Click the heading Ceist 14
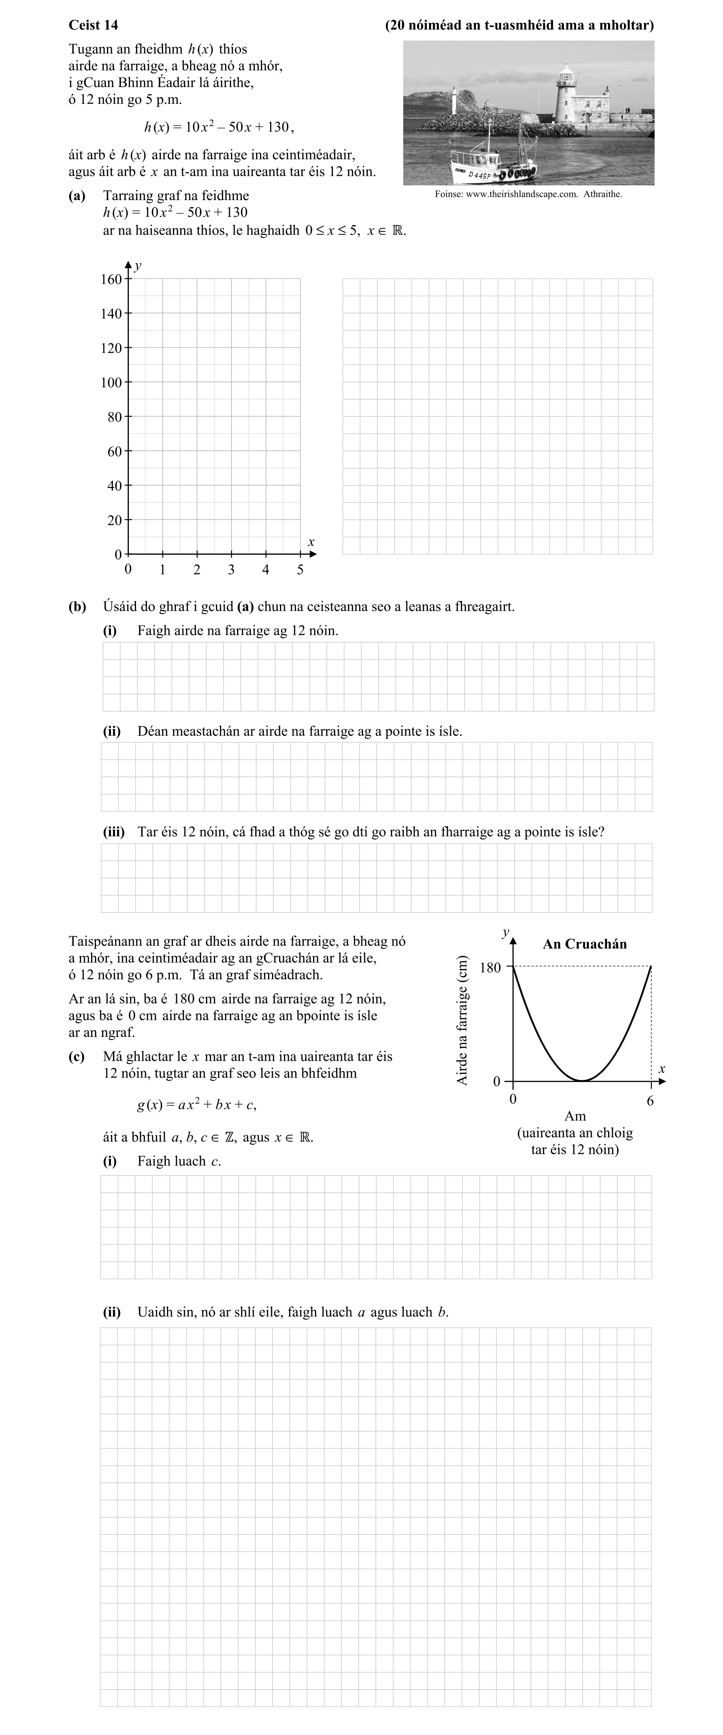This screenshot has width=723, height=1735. coord(93,25)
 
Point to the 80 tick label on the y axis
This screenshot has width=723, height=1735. coord(115,417)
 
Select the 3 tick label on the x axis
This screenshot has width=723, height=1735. coord(231,570)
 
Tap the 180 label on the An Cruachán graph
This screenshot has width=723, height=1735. coord(490,968)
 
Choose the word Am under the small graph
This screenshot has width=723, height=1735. coord(575,1116)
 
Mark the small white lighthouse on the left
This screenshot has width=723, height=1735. coord(455,101)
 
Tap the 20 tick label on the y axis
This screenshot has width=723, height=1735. coord(115,520)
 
